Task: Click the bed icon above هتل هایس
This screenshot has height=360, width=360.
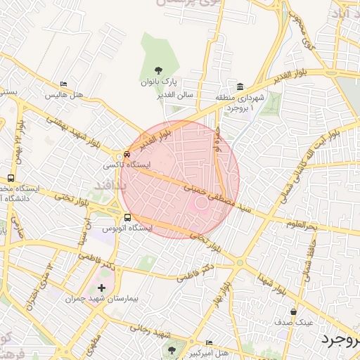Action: tap(64, 84)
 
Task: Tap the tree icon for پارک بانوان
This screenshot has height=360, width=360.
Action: tap(159, 70)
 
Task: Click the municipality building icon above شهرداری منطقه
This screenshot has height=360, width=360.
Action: tap(240, 86)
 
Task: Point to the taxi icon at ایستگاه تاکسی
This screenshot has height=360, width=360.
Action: tap(127, 154)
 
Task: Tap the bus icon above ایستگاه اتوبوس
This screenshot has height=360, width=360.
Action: tap(127, 217)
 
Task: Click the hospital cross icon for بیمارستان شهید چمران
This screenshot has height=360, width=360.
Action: tap(102, 287)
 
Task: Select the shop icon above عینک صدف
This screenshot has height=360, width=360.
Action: tap(293, 311)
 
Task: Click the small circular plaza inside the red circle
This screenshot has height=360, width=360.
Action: tap(202, 202)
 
